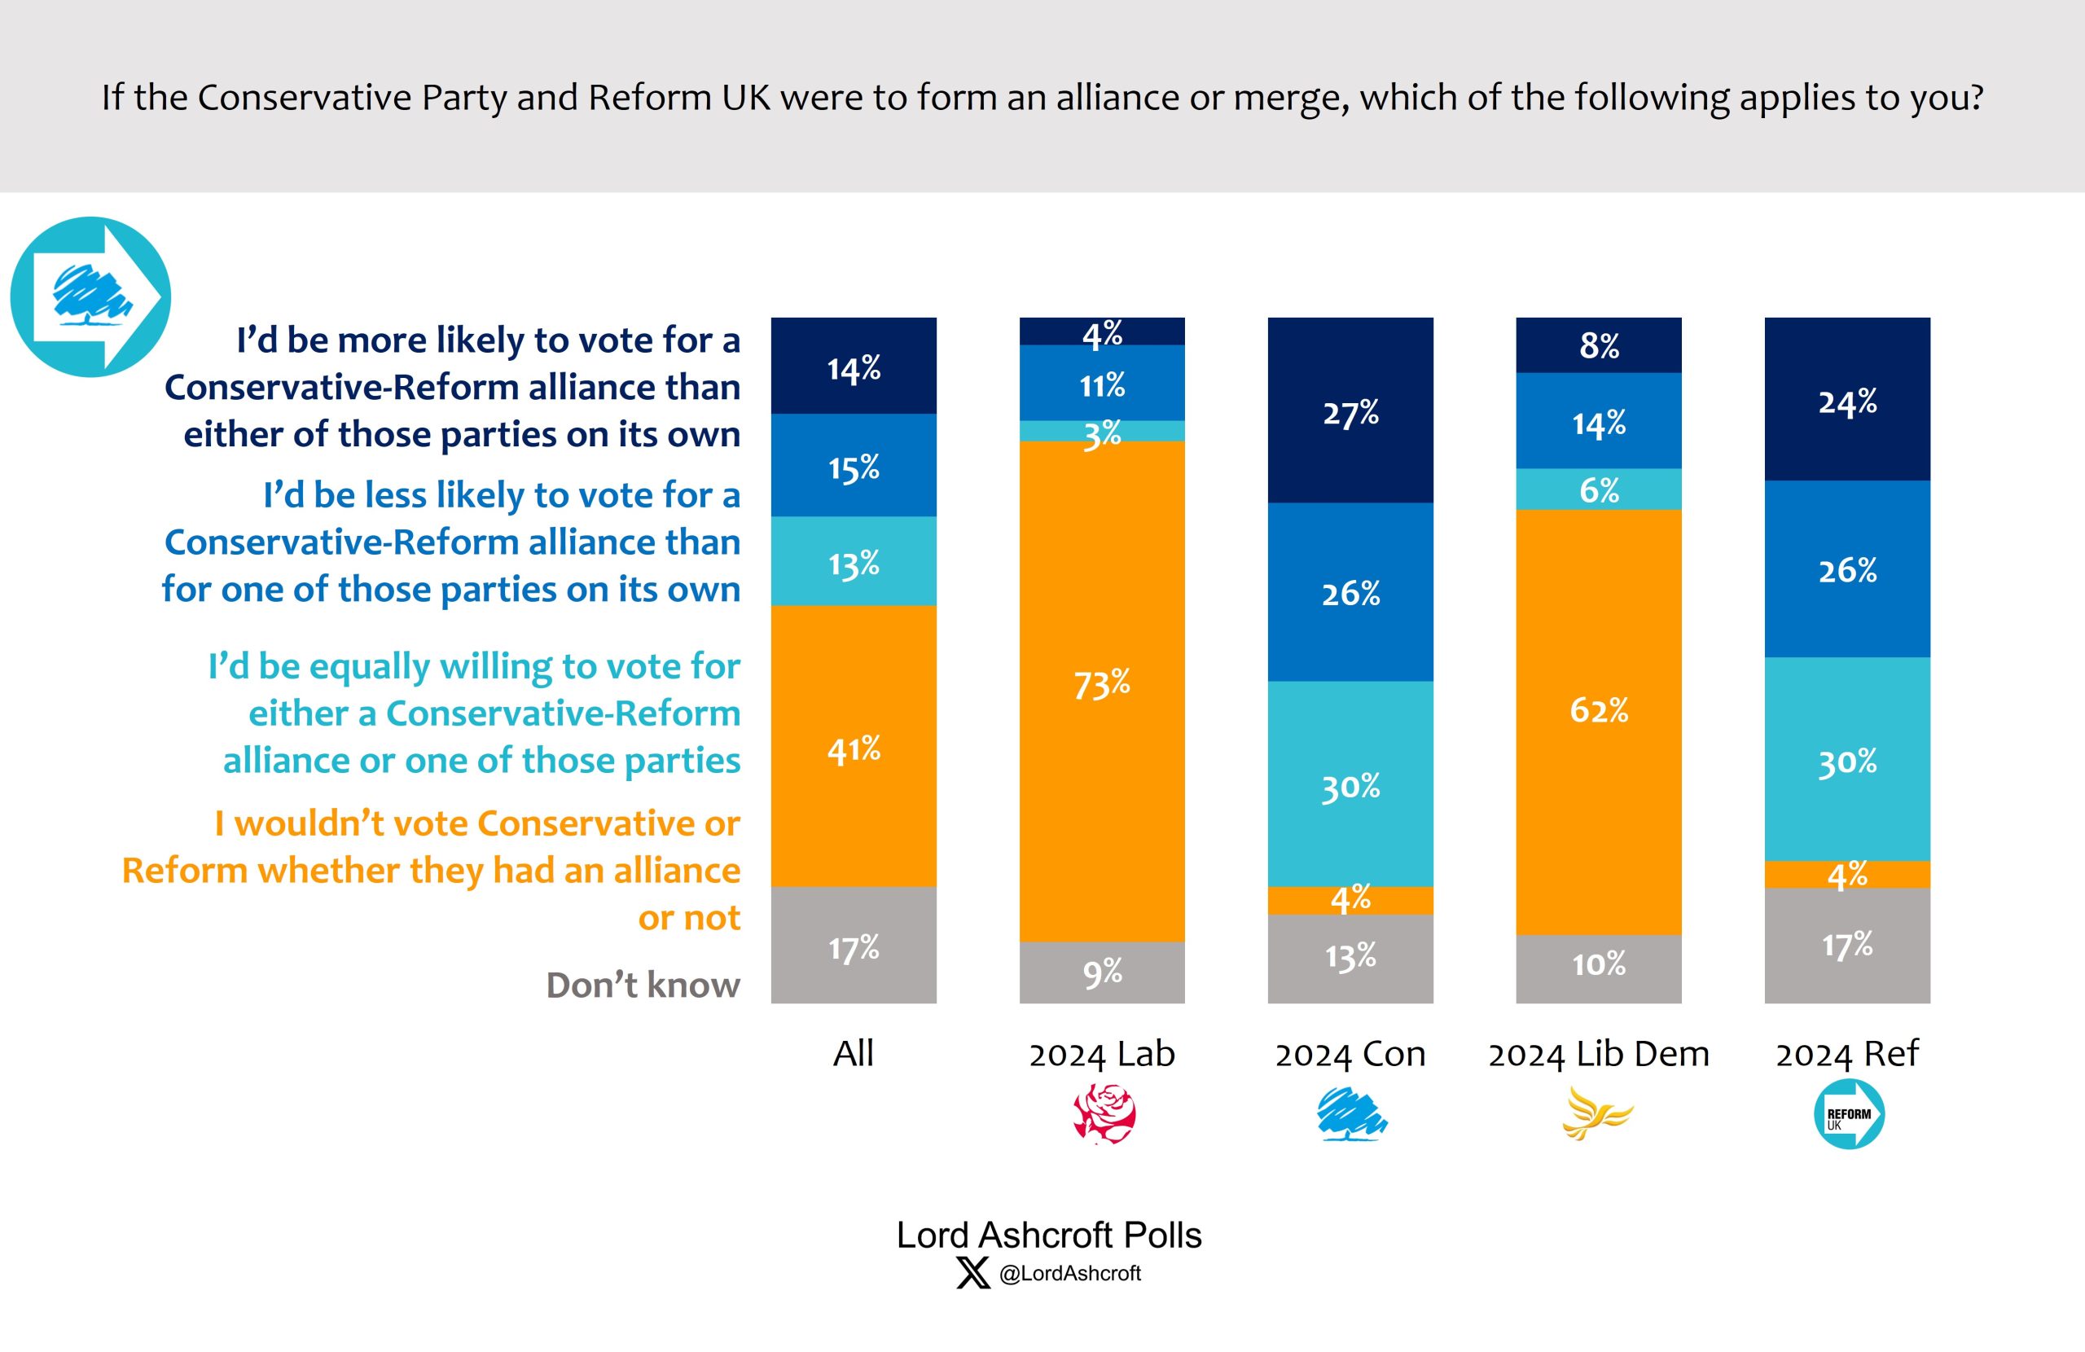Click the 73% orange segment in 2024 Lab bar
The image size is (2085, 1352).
pyautogui.click(x=1101, y=691)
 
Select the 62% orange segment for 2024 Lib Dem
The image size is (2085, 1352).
pyautogui.click(x=1598, y=721)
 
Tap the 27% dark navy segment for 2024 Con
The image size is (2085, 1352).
pyautogui.click(x=1350, y=410)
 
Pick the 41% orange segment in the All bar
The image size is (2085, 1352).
pyautogui.click(x=854, y=746)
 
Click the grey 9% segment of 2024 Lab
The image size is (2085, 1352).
pyautogui.click(x=1101, y=972)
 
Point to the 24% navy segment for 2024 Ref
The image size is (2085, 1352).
pyautogui.click(x=1846, y=399)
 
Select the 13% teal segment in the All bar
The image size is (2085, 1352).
pyautogui.click(x=854, y=561)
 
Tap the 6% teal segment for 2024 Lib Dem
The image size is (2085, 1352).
pyautogui.click(x=1598, y=489)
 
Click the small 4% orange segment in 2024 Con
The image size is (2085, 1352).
pyautogui.click(x=1350, y=900)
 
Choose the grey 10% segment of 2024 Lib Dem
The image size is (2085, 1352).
pyautogui.click(x=1598, y=968)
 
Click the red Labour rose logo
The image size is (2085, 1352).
pyautogui.click(x=1104, y=1113)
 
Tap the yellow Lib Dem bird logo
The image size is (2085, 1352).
pyautogui.click(x=1597, y=1113)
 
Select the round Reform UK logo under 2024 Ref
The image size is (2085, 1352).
pyautogui.click(x=1848, y=1113)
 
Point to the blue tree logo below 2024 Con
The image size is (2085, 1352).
pyautogui.click(x=1351, y=1113)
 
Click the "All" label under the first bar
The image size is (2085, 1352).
pyautogui.click(x=854, y=1052)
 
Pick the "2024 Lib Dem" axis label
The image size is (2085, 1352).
pyautogui.click(x=1598, y=1053)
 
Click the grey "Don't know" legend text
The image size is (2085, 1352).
pyautogui.click(x=643, y=985)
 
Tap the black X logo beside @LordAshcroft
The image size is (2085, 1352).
pyautogui.click(x=972, y=1272)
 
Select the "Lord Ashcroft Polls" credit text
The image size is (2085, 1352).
pyautogui.click(x=1049, y=1235)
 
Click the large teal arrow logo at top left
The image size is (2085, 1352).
pyautogui.click(x=90, y=297)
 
